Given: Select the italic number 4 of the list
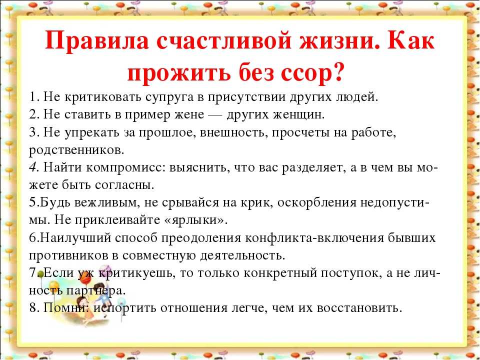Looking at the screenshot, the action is click(x=33, y=167).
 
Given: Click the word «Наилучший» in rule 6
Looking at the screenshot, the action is click(x=74, y=238).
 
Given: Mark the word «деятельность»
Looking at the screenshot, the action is click(x=242, y=255).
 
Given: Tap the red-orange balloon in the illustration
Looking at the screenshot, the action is click(x=85, y=278).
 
